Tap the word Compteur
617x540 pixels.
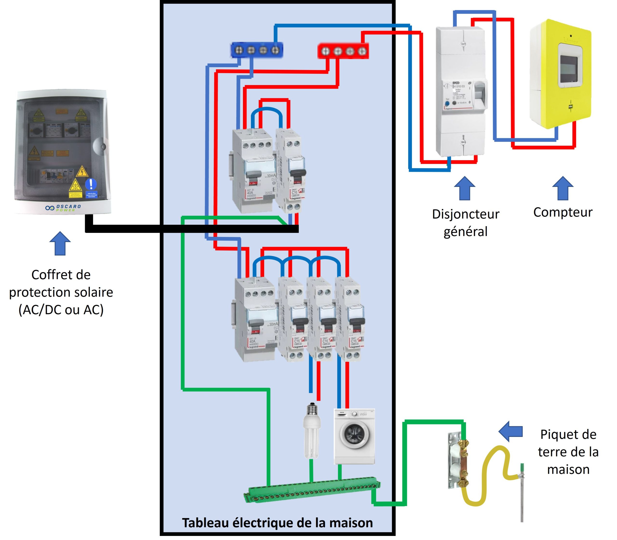pos(563,212)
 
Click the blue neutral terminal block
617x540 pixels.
pos(257,50)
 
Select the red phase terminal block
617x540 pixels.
pos(343,51)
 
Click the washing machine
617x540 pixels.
pos(354,436)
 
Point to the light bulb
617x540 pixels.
pos(312,431)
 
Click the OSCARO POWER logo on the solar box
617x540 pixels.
pos(63,208)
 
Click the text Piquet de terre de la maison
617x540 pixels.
pos(568,452)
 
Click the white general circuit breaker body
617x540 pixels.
pos(461,90)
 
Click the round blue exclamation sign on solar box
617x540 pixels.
pos(91,184)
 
